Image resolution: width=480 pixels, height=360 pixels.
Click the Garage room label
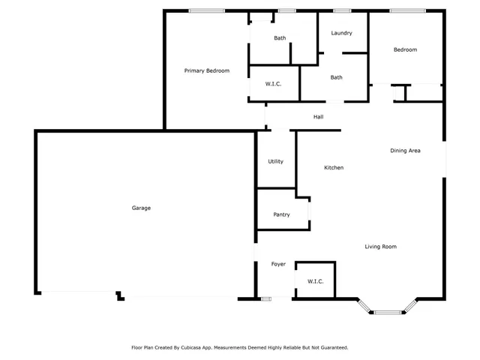[x=141, y=208]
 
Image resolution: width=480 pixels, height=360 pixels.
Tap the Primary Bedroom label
[x=207, y=70]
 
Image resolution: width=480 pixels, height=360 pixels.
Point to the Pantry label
[x=281, y=214]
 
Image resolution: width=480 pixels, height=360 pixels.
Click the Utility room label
[x=275, y=161]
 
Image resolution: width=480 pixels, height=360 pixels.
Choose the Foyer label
[x=278, y=264]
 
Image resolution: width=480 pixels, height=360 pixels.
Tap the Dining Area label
[x=405, y=151]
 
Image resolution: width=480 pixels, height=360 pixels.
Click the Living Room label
[x=380, y=246]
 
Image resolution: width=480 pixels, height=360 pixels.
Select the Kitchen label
[x=334, y=167]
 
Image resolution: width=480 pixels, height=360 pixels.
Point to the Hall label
[x=318, y=117]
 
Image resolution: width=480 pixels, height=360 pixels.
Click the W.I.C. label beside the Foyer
[x=315, y=281]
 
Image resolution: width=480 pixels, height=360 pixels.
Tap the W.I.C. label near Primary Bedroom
[x=273, y=84]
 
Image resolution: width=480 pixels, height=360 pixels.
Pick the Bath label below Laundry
[x=337, y=77]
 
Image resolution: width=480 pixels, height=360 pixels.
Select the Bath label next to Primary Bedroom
[x=280, y=38]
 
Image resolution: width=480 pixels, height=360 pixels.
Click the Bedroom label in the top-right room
[x=405, y=49]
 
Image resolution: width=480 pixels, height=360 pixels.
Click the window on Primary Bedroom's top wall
[x=206, y=10]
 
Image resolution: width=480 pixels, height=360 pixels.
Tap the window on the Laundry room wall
[x=342, y=10]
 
